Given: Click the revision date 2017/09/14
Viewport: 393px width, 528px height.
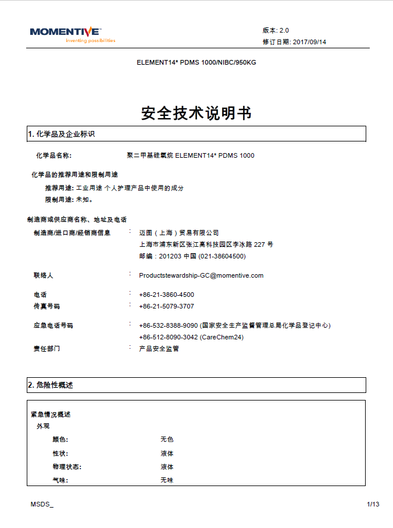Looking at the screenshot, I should [309, 42].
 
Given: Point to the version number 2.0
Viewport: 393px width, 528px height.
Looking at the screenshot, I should [284, 30].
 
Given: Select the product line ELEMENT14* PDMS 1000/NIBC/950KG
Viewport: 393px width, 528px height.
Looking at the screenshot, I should [196, 62].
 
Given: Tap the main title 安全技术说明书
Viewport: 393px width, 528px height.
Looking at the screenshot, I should [196, 113].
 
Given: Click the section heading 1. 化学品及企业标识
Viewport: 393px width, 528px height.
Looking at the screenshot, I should [61, 134].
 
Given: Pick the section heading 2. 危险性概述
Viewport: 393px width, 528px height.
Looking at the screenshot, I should [51, 385].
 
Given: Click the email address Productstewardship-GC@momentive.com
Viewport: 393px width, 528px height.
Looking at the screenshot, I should [201, 275].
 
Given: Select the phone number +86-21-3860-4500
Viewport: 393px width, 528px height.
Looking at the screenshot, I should [166, 295].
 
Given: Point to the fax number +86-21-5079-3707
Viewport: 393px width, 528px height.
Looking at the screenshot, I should [166, 306].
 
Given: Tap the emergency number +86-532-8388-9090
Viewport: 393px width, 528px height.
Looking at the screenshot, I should [169, 325].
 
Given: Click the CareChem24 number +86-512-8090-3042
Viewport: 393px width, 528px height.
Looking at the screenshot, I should [169, 337].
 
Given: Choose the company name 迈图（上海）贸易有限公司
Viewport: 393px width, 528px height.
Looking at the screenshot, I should [179, 233].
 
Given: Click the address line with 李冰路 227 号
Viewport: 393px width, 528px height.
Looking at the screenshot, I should [206, 244].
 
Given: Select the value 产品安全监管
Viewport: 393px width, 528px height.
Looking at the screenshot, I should [159, 349].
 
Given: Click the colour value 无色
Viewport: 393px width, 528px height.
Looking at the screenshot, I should [167, 440].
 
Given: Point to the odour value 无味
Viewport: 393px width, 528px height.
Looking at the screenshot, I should [167, 480].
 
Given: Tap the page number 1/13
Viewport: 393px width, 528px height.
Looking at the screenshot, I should [373, 504].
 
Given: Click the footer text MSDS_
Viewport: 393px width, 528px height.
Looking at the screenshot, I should [42, 504].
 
